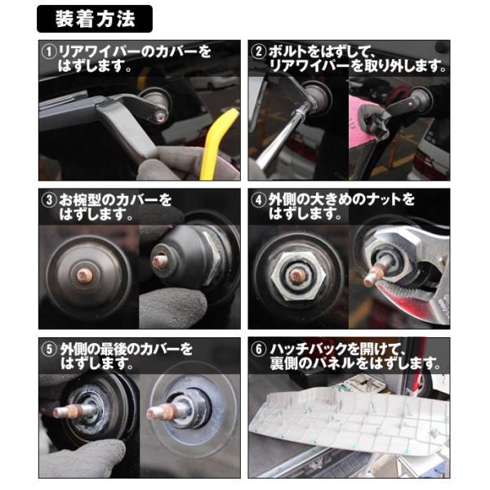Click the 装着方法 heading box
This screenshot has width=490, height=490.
(95, 16)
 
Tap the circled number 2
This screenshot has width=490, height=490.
(259, 51)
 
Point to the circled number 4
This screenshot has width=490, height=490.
(259, 199)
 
